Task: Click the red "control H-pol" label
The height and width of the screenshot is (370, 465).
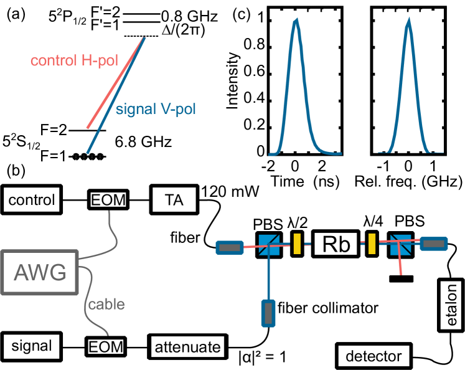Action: (74, 60)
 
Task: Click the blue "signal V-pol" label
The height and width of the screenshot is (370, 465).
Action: (156, 110)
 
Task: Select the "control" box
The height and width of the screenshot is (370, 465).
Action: (32, 201)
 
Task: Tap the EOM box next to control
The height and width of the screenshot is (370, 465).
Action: (108, 201)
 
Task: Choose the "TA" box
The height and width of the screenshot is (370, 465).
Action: (174, 201)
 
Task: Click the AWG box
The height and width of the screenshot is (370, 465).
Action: (40, 272)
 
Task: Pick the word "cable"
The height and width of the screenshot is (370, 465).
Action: (106, 305)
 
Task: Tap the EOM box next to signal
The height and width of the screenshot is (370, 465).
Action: (106, 346)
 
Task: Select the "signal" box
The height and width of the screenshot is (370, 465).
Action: (31, 346)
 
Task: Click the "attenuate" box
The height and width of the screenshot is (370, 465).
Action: (187, 346)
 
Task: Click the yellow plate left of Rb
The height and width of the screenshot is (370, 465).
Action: (297, 243)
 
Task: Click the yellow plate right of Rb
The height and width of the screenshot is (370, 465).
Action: (372, 243)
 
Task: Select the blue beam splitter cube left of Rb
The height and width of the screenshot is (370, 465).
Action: (269, 245)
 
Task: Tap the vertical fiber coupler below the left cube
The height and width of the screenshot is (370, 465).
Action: (269, 311)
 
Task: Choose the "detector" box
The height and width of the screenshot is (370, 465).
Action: (373, 357)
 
